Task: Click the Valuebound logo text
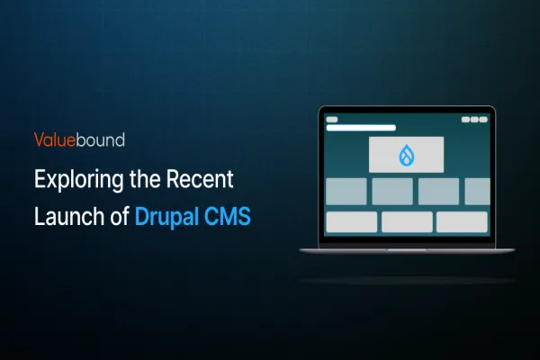[x=79, y=139]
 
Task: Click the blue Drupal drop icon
[x=406, y=155]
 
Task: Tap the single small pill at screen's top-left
[x=331, y=120]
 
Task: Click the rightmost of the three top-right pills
[x=485, y=120]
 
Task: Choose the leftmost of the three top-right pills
[x=466, y=120]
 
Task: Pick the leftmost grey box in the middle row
[x=346, y=191]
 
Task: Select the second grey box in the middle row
[x=392, y=191]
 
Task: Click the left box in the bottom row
[x=351, y=221]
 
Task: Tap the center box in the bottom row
[x=407, y=221]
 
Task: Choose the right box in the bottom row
[x=462, y=221]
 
